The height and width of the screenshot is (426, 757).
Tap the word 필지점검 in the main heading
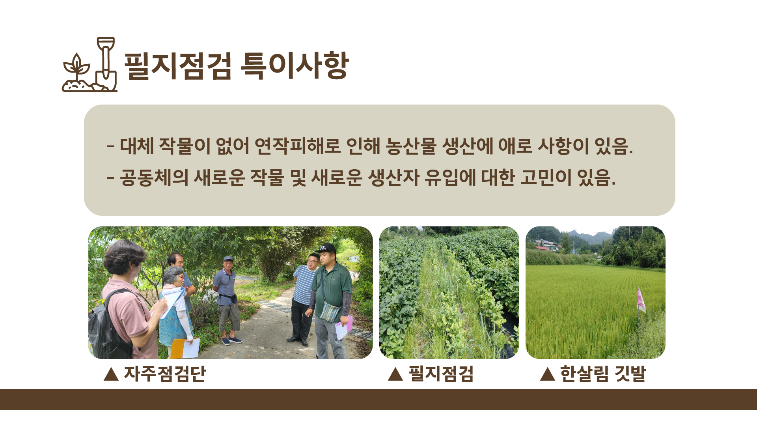178,65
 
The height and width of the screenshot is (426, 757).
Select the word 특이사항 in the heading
295,65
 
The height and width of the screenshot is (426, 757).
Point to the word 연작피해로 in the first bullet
298,146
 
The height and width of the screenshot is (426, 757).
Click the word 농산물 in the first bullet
411,146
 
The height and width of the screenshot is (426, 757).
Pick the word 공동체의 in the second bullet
154,177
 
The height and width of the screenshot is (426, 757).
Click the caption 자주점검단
165,374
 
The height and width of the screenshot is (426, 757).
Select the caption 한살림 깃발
603,374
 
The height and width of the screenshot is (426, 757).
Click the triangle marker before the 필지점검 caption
395,374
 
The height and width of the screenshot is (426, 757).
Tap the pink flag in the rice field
641,301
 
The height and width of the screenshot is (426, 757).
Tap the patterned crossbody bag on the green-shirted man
330,312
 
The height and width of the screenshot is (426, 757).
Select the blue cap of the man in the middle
228,259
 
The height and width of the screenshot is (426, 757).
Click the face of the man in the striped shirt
313,262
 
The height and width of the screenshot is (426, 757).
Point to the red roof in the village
543,248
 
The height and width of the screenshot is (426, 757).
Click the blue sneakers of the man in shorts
231,340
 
